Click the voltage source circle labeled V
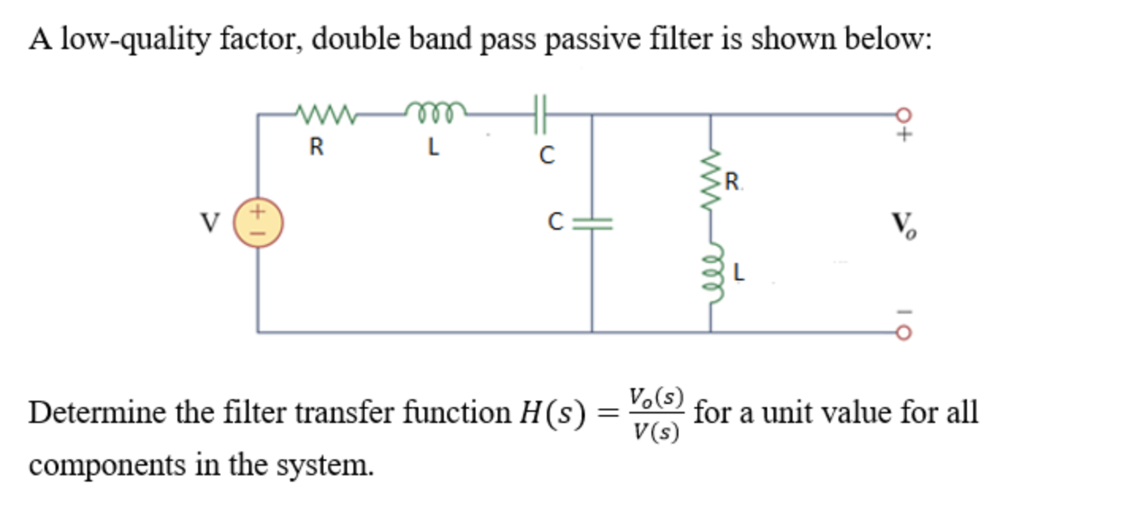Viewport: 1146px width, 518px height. (258, 223)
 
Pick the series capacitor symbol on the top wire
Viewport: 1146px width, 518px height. (542, 114)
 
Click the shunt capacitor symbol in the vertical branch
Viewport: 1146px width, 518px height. (592, 223)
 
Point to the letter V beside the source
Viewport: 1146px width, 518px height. (209, 224)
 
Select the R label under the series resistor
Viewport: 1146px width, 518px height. (316, 148)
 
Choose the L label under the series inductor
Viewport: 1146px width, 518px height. (434, 148)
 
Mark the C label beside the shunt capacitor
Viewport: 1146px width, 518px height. (558, 223)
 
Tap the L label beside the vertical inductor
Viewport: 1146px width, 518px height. (739, 274)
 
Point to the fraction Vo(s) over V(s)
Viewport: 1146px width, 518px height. (655, 413)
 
